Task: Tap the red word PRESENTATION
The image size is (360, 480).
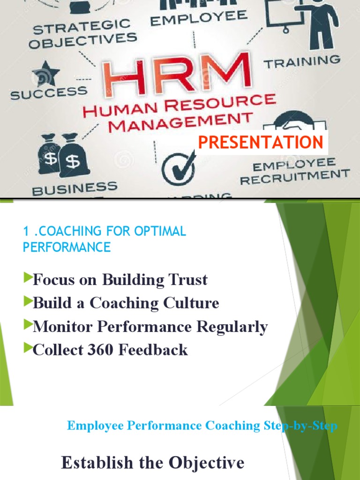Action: click(261, 142)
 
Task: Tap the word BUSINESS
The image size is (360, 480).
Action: click(75, 188)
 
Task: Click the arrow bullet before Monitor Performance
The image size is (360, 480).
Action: click(28, 324)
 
